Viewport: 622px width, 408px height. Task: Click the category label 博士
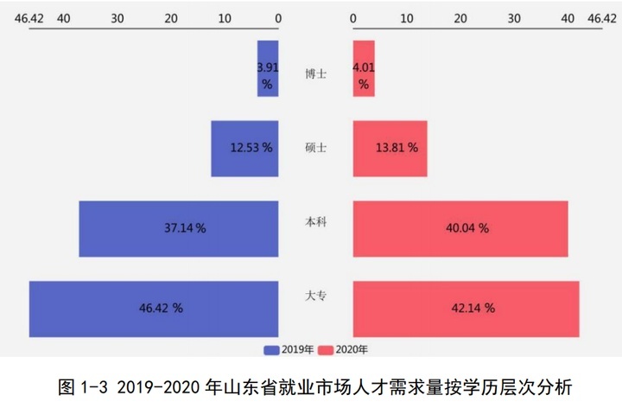(x=315, y=74)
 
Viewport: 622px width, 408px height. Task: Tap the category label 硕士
(x=315, y=148)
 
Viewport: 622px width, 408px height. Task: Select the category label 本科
(x=315, y=222)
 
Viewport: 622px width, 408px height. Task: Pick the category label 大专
(x=315, y=296)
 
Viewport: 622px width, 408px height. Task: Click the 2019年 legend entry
(x=288, y=350)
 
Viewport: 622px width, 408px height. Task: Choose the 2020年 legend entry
(x=343, y=350)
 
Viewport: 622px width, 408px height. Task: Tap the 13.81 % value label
(x=397, y=148)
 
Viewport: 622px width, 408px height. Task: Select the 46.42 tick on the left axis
(x=29, y=18)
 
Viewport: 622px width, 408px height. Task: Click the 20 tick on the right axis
(x=460, y=18)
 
